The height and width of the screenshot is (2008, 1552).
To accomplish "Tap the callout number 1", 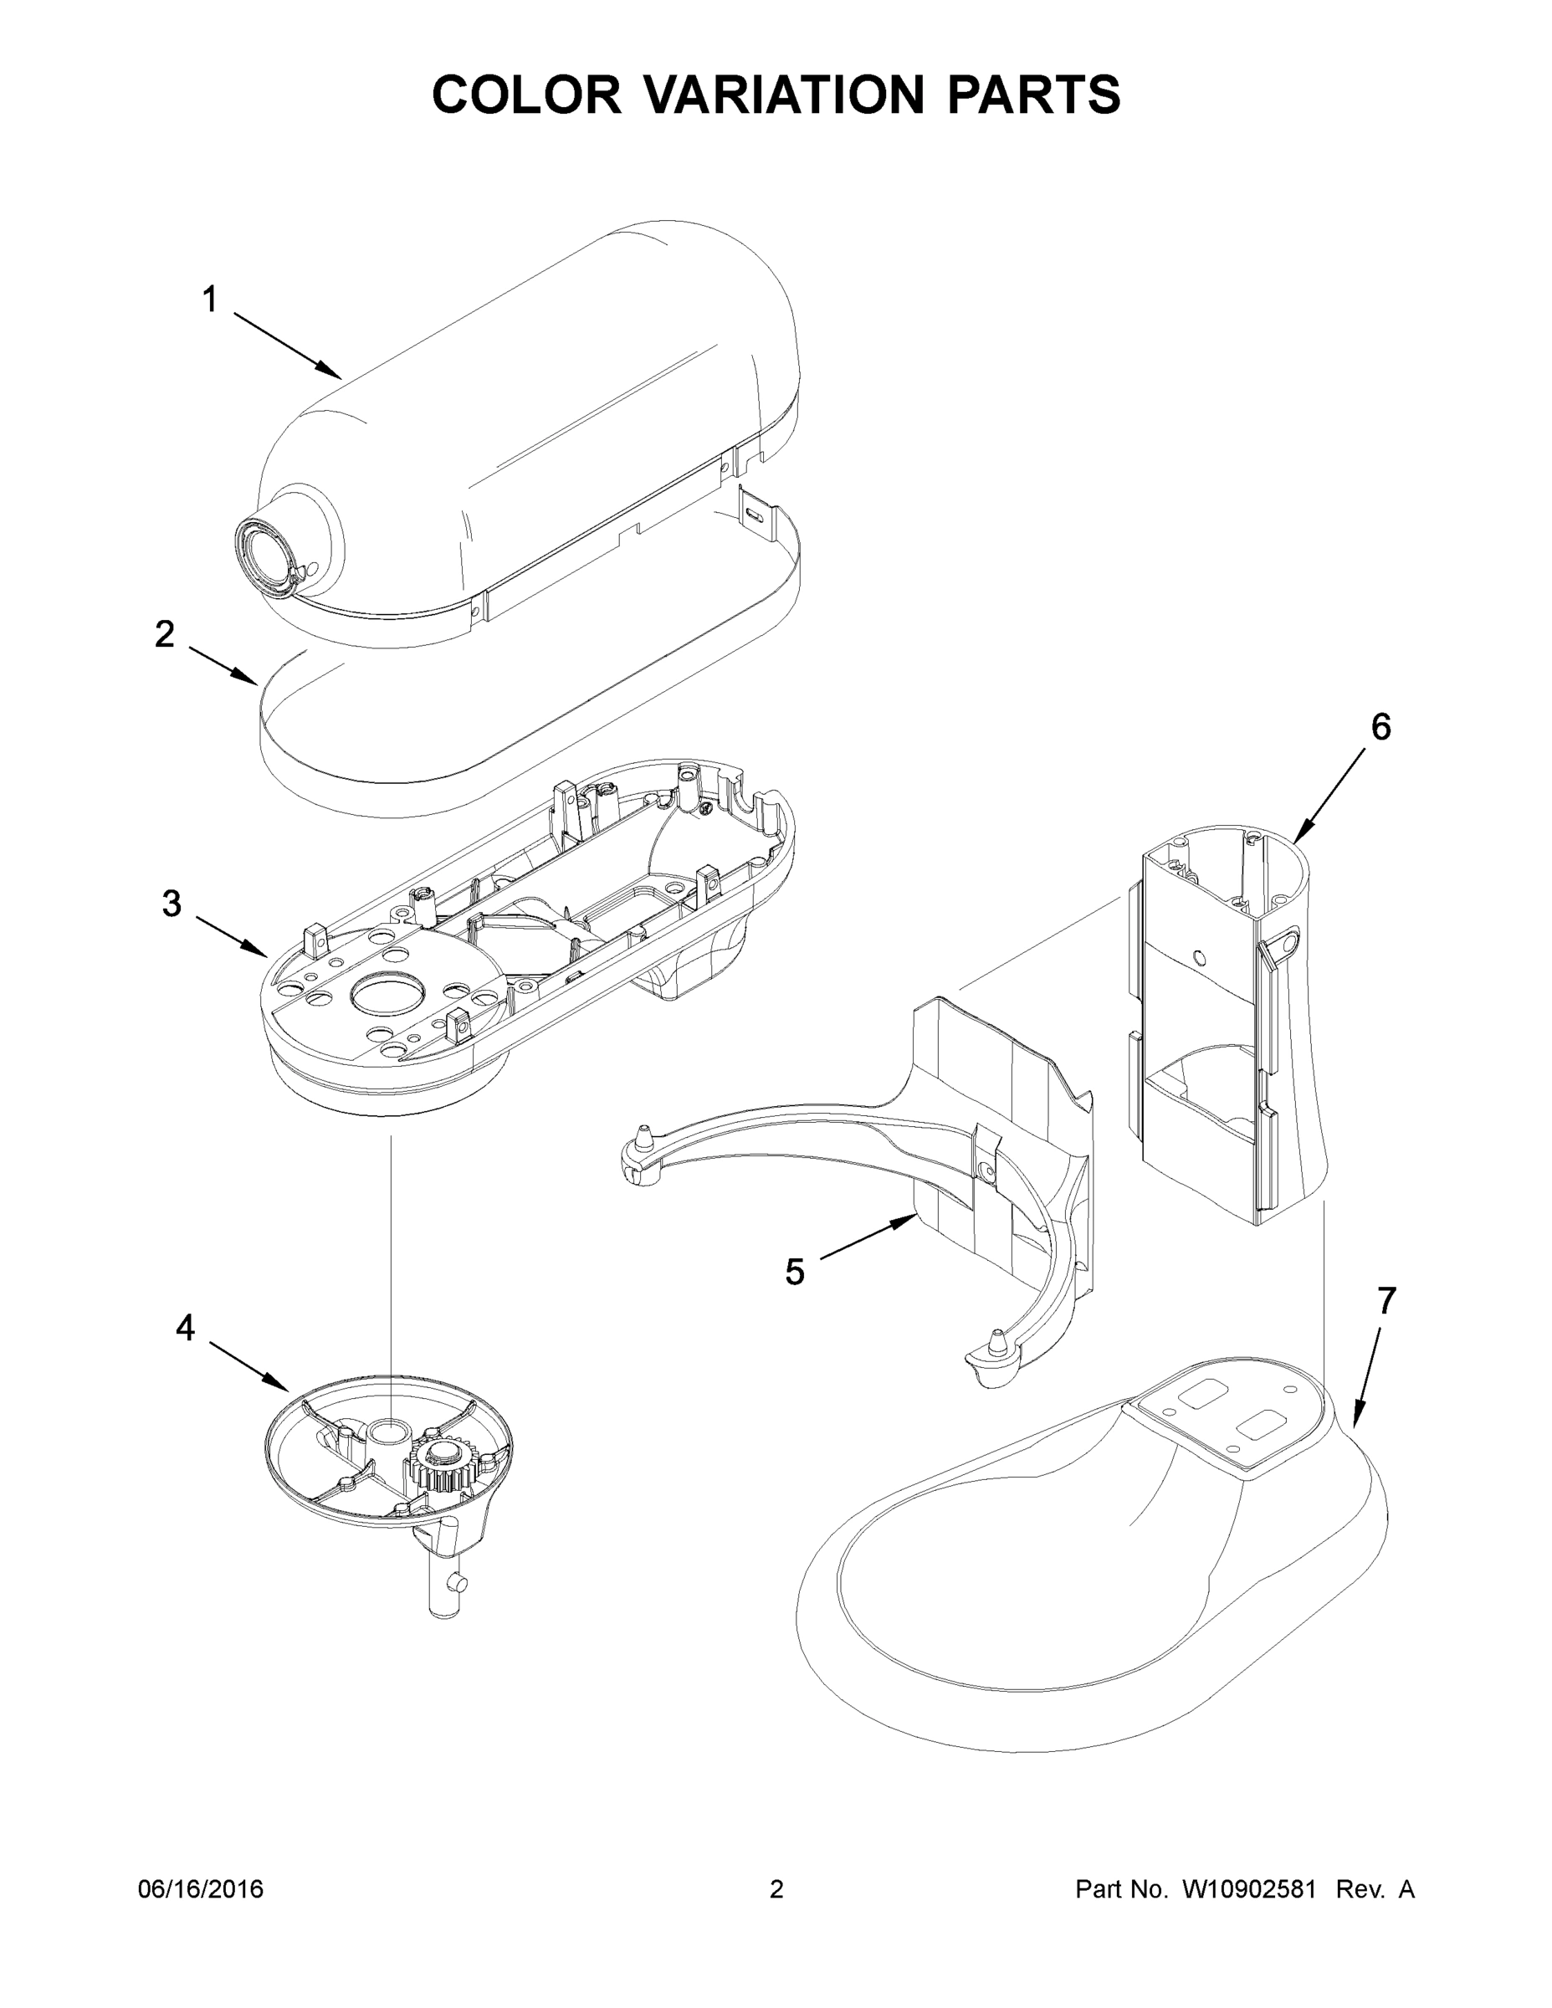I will point(210,300).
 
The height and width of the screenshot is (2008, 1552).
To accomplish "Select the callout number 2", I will point(165,633).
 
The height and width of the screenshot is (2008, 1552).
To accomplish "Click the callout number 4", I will point(185,1328).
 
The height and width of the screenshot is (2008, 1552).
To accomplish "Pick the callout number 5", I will point(794,1273).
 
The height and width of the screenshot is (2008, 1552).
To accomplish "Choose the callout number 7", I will point(1386,1301).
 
